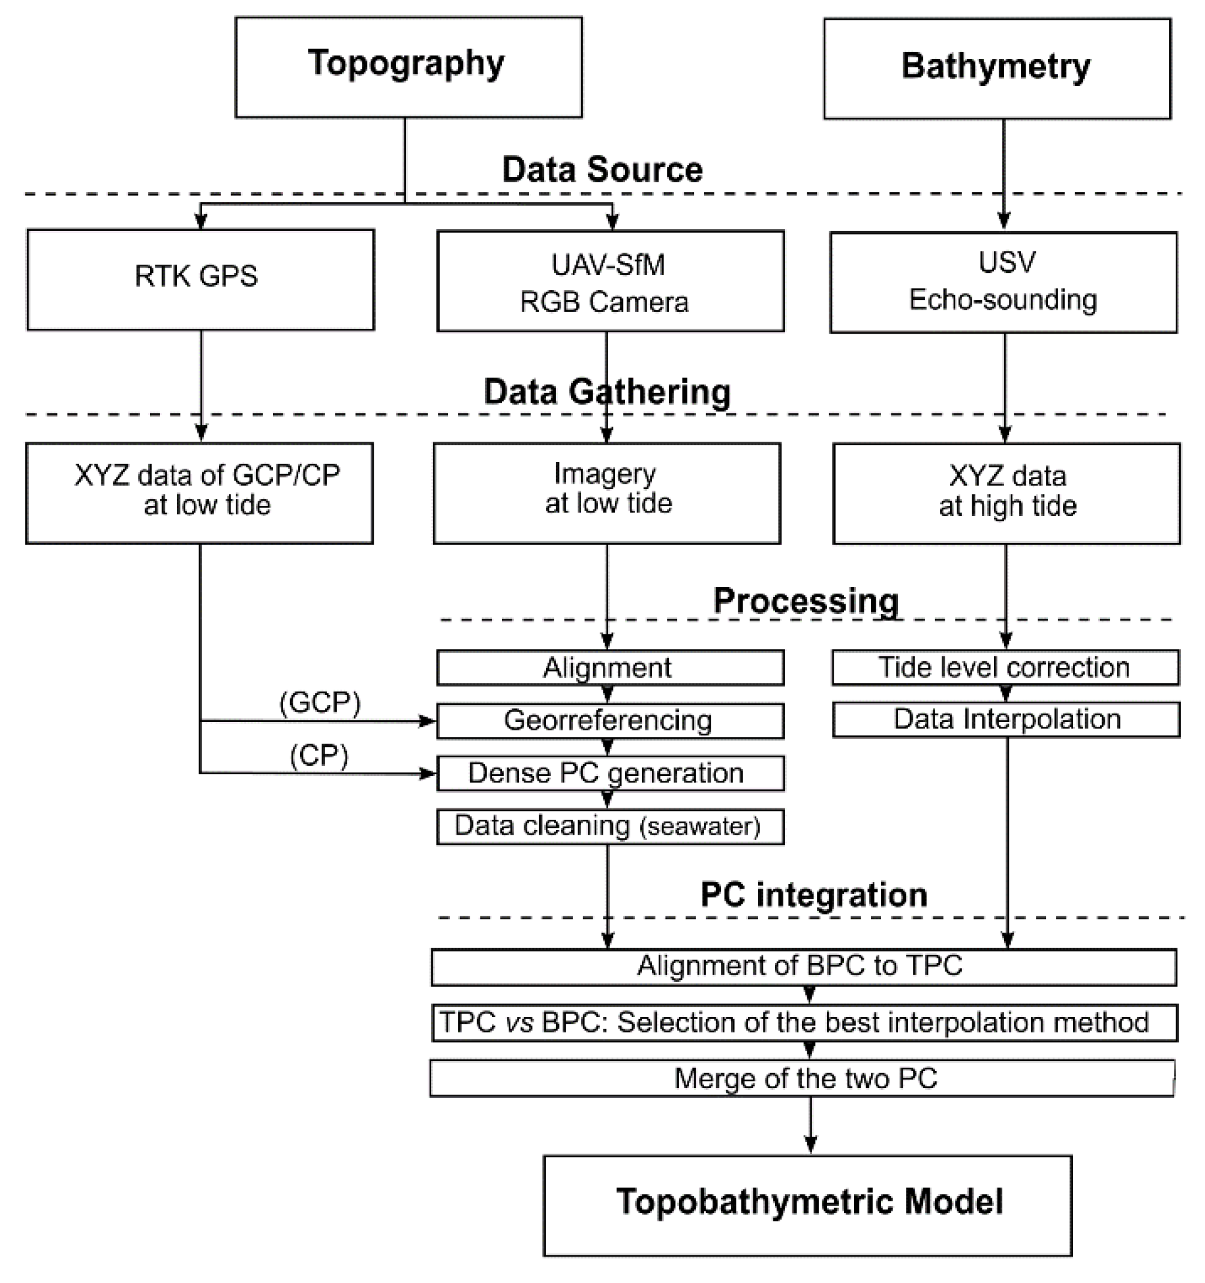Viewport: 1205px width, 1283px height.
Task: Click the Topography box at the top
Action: click(x=408, y=67)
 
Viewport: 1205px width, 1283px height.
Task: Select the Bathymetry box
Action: click(x=997, y=68)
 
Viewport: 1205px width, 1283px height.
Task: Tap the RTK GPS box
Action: click(x=200, y=280)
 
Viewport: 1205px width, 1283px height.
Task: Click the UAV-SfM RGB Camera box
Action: click(x=609, y=281)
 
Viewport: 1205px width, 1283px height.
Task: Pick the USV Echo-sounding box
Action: click(x=1003, y=282)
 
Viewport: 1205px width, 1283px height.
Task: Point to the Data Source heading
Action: click(x=602, y=170)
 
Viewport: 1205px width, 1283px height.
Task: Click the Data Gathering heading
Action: click(x=606, y=392)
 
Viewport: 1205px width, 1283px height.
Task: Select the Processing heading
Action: click(x=806, y=601)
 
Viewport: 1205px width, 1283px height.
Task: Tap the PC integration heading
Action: click(x=813, y=895)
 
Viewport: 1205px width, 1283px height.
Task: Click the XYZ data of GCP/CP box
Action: click(x=199, y=493)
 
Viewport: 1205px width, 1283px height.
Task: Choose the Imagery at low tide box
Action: click(x=606, y=493)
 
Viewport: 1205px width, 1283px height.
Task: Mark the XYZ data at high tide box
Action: click(x=1006, y=494)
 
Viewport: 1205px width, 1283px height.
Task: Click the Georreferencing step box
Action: click(x=609, y=721)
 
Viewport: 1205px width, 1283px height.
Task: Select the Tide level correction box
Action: click(x=1005, y=667)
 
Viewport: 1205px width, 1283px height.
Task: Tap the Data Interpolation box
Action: click(x=1006, y=720)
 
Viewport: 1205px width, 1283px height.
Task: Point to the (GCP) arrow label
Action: click(x=319, y=702)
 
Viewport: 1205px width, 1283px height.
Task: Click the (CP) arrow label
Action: click(x=318, y=755)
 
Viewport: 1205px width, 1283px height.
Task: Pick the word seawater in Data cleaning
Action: click(x=700, y=827)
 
